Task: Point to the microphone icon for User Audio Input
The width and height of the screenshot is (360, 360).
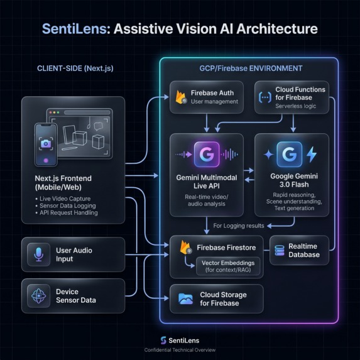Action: tap(39, 254)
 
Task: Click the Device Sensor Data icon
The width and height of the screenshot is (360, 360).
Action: tap(39, 295)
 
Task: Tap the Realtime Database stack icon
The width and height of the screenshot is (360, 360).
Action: tap(278, 250)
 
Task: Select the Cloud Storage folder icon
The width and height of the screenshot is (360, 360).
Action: tap(185, 298)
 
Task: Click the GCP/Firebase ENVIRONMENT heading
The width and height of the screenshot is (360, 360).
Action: tap(249, 68)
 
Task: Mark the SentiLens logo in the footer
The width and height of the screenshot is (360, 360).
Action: tap(163, 340)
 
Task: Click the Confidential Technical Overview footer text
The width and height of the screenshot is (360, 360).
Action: tap(180, 350)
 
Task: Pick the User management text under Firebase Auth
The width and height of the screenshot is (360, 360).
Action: tap(214, 101)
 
